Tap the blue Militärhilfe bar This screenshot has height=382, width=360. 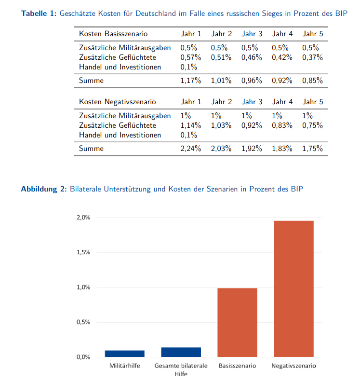pos(124,354)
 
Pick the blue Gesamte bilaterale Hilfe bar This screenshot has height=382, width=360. pos(181,352)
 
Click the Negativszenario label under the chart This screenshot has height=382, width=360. pos(293,366)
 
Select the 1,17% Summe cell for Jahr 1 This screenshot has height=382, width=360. pos(190,81)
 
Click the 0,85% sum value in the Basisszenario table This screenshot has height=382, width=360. pos(312,81)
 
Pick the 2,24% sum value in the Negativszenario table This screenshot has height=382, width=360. pos(190,149)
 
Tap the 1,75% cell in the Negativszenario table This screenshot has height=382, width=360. pos(312,149)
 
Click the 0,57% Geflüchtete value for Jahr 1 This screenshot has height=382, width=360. pos(190,57)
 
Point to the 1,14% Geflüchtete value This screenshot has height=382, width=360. pos(190,125)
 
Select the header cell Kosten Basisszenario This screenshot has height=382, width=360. pos(113,34)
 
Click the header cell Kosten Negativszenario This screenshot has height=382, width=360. pos(117,102)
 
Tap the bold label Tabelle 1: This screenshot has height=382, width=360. pos(39,14)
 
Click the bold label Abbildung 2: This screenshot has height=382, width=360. pos(43,189)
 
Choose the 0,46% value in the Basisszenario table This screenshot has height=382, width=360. pos(252,57)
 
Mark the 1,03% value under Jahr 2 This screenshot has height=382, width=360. pos(221,125)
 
